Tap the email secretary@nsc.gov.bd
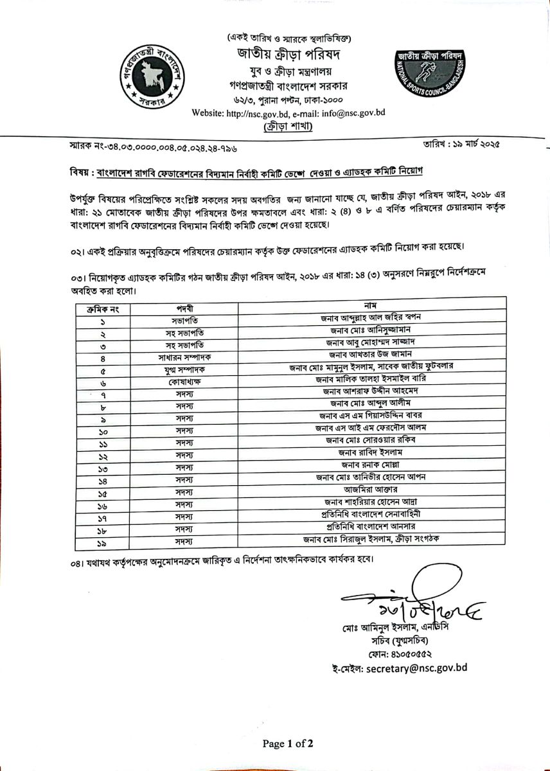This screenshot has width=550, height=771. [x=407, y=668]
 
